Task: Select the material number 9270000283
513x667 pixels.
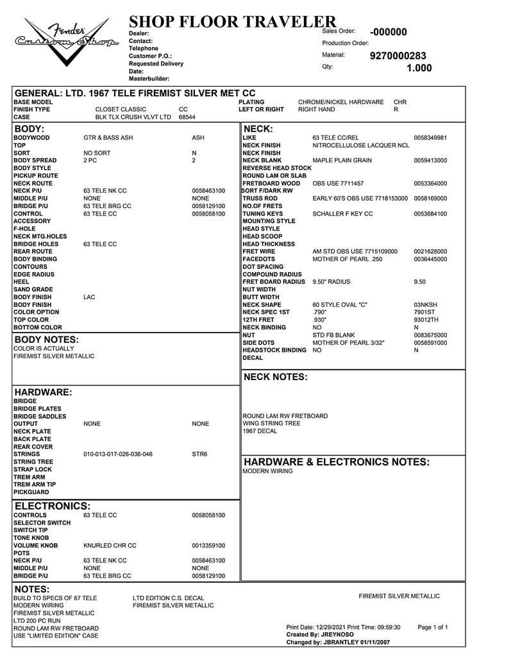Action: coord(398,56)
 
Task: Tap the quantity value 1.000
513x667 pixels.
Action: coord(419,68)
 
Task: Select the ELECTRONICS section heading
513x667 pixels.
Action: coord(53,505)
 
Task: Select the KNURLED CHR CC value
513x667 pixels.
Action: coord(110,546)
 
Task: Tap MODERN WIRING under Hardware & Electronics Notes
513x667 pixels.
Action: coord(267,471)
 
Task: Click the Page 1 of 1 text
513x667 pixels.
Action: coord(432,627)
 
